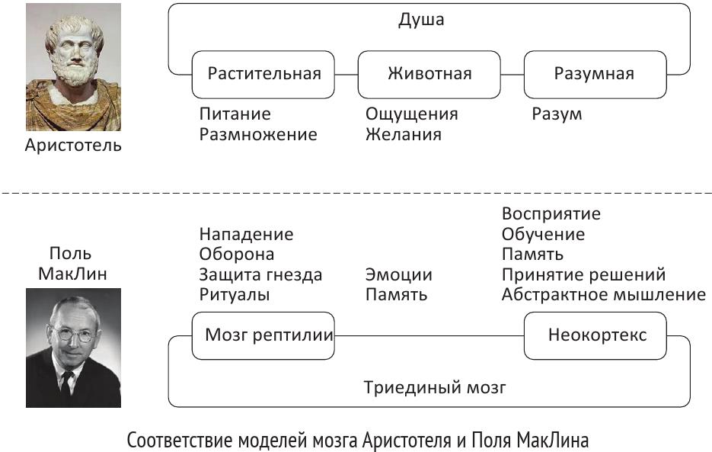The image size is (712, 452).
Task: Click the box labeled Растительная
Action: (263, 74)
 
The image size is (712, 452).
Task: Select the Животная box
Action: (429, 74)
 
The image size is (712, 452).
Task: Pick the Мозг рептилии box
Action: (263, 335)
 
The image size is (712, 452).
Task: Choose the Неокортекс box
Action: (596, 335)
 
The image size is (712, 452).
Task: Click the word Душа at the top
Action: (421, 21)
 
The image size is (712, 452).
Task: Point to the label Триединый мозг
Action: (435, 387)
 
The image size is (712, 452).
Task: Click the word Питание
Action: (235, 114)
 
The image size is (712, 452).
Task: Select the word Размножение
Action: (257, 134)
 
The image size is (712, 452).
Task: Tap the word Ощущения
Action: (411, 114)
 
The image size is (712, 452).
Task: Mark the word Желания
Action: (403, 134)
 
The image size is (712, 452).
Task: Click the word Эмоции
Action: (398, 274)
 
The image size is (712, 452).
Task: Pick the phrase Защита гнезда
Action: (260, 274)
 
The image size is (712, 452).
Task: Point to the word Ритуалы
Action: (235, 294)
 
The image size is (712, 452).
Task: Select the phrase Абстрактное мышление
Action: (603, 294)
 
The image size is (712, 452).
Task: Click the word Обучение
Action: (543, 234)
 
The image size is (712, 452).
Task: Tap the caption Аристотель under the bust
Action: (73, 145)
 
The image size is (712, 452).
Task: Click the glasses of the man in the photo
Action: (73, 333)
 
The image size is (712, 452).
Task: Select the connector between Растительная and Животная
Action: (346, 74)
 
